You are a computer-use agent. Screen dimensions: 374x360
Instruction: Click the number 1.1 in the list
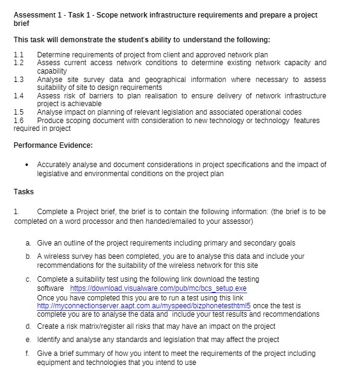18,54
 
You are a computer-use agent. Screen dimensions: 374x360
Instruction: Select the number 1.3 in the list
18,79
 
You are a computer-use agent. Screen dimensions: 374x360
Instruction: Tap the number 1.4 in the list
18,95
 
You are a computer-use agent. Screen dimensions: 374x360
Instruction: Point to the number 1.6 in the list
18,120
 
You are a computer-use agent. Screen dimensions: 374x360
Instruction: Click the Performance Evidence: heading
53,145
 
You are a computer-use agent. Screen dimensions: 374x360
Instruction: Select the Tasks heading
24,192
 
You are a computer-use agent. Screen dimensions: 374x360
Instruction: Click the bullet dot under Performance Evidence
27,165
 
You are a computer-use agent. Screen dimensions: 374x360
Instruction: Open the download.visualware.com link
159,288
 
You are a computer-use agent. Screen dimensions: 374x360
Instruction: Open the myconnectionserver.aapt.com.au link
144,306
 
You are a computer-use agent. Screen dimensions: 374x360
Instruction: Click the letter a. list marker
28,243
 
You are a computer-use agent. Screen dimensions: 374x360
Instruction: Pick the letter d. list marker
28,326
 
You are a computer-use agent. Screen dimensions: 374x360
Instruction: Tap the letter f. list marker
28,353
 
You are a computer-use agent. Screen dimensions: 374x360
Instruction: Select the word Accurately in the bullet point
56,164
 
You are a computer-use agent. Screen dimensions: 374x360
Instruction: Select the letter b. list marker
28,256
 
